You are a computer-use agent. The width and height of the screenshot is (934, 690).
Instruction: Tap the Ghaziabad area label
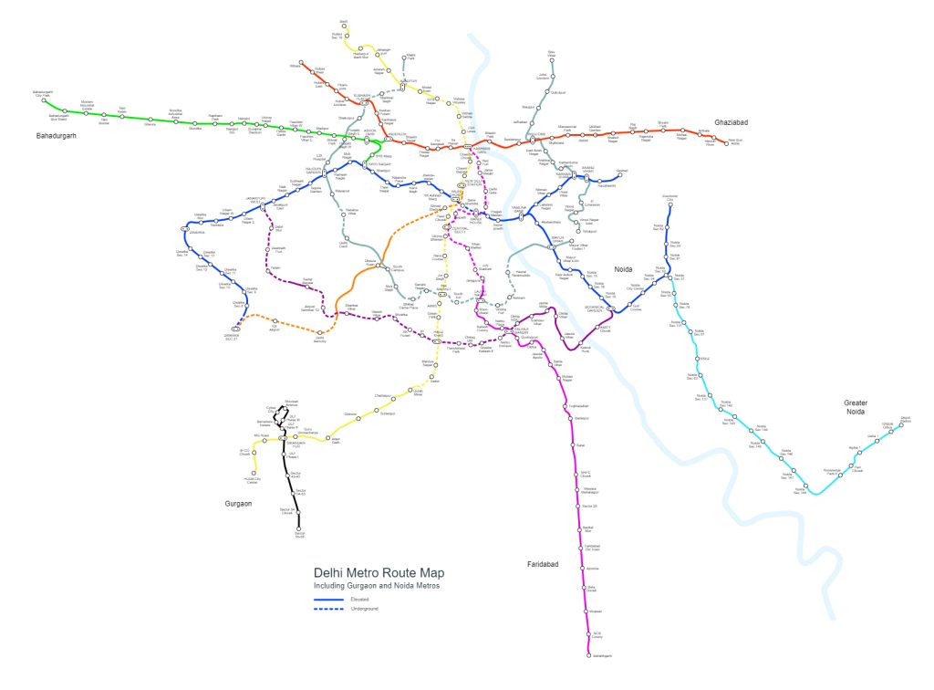tap(731, 121)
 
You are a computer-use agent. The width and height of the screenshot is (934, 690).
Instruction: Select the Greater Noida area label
tap(861, 407)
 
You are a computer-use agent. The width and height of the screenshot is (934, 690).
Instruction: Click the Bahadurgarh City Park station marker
tap(44, 100)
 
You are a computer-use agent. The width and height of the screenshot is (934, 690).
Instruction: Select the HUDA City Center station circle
tap(254, 473)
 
